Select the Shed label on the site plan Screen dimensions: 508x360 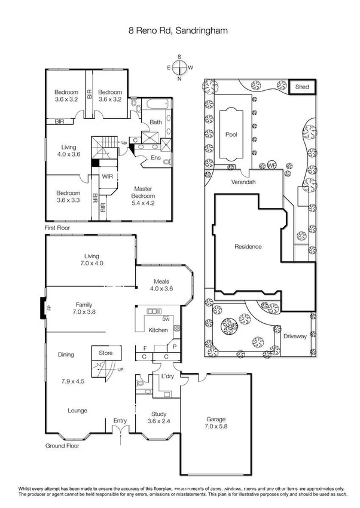point(302,87)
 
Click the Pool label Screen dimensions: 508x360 point(231,134)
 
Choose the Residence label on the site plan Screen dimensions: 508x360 point(248,246)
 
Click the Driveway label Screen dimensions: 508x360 point(295,336)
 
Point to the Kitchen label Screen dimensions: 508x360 point(157,330)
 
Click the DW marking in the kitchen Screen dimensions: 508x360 point(165,319)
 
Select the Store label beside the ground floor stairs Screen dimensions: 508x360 point(105,353)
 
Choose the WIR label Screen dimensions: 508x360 point(107,176)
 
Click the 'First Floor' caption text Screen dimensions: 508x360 point(62,228)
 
